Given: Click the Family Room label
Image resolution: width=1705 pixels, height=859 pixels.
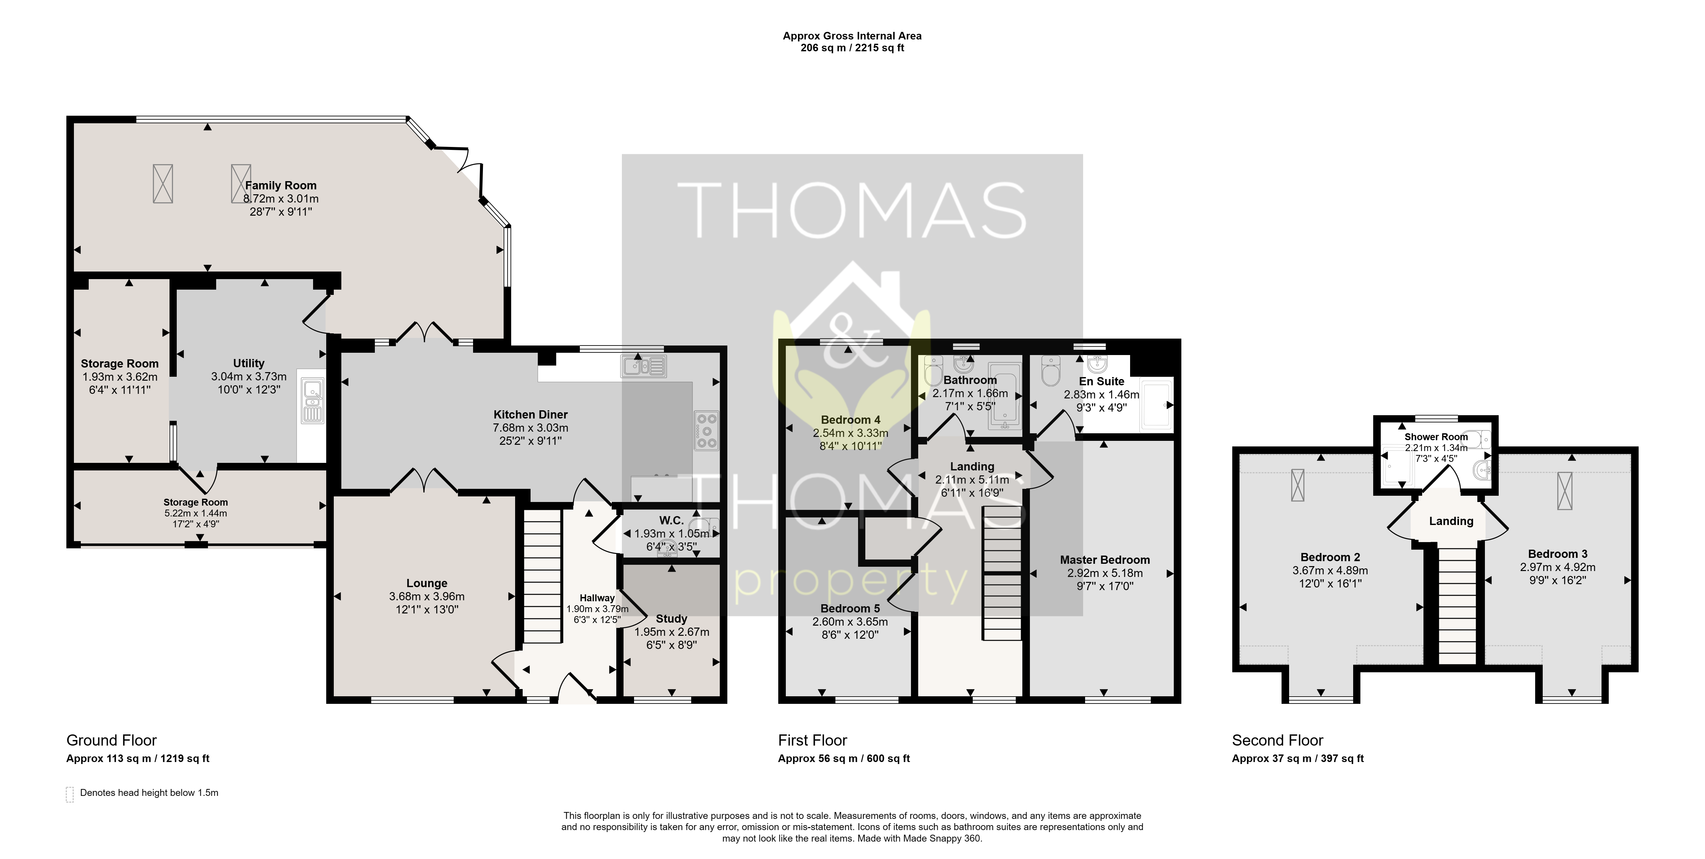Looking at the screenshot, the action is coord(281,185).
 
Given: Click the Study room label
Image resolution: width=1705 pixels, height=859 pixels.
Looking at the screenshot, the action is coord(671,619).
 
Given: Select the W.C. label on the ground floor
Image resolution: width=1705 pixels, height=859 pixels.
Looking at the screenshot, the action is coord(671,521).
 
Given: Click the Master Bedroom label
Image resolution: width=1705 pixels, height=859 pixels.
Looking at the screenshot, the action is coord(1105,560).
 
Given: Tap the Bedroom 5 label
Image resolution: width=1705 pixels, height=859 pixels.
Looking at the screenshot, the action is coord(850,608).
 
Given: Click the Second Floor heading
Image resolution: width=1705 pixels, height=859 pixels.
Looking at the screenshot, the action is coord(1277,740).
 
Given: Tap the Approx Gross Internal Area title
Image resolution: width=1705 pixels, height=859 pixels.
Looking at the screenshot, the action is coord(852,36).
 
